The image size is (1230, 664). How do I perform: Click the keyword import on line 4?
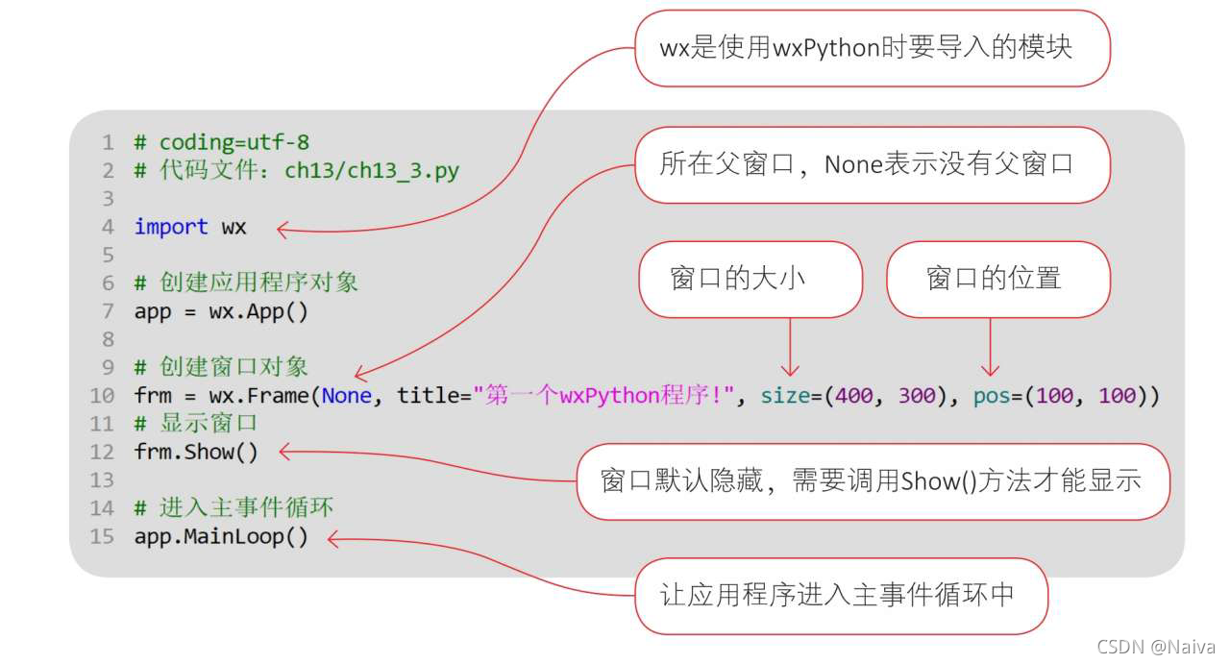[x=170, y=228]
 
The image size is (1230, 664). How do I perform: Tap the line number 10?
[x=102, y=396]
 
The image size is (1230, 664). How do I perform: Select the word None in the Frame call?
[x=346, y=396]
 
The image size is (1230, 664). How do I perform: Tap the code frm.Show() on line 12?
[x=196, y=452]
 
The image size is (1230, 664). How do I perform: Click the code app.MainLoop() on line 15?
[x=221, y=536]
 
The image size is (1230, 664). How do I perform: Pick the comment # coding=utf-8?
[x=221, y=143]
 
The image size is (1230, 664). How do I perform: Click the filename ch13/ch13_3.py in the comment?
[x=372, y=172]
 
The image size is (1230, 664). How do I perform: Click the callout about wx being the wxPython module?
[x=871, y=48]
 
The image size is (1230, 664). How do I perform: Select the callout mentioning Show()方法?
[x=873, y=481]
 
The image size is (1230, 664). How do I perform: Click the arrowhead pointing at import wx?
[x=283, y=229]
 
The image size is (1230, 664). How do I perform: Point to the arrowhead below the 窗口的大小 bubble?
[x=790, y=370]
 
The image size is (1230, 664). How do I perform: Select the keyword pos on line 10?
[x=991, y=396]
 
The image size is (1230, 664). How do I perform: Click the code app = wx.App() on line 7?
[x=221, y=311]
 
